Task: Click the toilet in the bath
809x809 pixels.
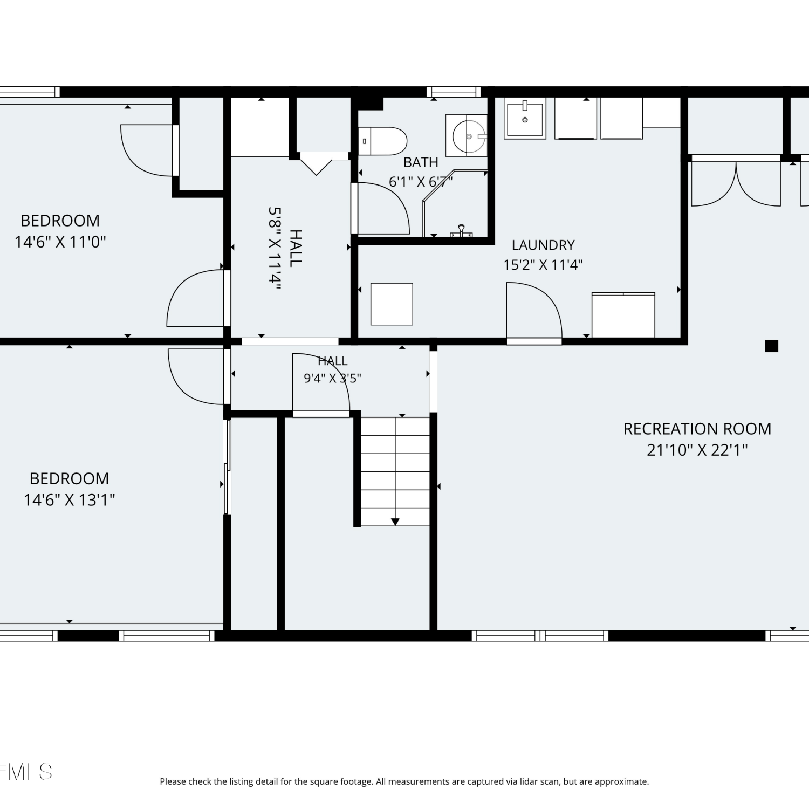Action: pos(382,141)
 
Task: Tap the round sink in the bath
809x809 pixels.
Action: pos(469,136)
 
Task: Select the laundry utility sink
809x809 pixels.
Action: pos(525,118)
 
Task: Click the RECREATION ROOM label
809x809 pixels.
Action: pos(697,429)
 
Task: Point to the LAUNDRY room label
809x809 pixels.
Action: pos(543,245)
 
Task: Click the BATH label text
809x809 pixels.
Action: pos(421,162)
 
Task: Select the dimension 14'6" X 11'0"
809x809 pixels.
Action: pos(60,242)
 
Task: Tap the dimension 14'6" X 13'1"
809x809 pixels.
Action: pos(70,500)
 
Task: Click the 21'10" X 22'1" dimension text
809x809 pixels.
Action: pos(697,450)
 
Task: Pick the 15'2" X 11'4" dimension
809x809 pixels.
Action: pos(543,265)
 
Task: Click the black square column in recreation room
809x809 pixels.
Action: pos(771,346)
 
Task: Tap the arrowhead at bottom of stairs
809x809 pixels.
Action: pos(395,522)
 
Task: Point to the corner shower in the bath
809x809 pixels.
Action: pos(455,203)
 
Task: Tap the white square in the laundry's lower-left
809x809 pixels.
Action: pos(392,304)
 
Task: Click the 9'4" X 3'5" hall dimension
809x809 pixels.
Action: pos(332,378)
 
